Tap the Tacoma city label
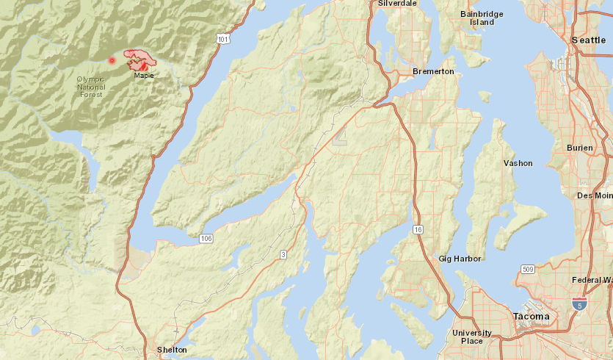531,317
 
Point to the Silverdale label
397,4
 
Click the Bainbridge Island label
482,18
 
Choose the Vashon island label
518,163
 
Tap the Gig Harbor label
460,259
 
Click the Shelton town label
172,350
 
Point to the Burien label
579,148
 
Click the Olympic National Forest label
91,87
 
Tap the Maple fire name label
144,75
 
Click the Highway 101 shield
223,38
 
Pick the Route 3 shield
282,254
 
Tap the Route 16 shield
418,229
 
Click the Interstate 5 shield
580,303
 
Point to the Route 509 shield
527,269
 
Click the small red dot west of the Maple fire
112,60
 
